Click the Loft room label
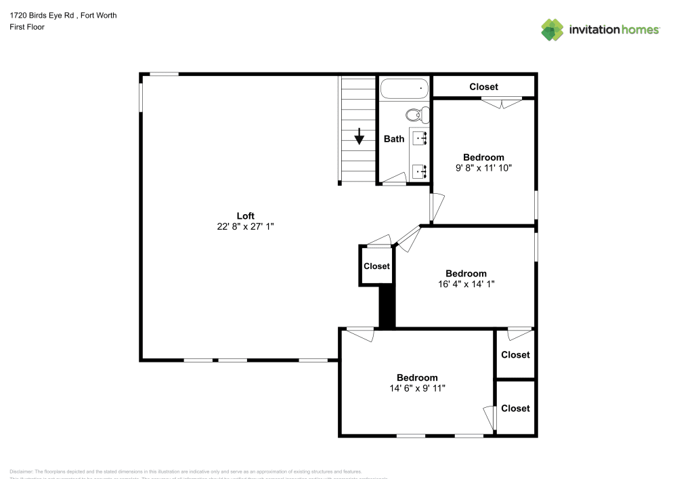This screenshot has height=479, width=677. [x=245, y=216]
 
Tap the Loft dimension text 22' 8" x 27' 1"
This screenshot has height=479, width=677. [x=245, y=228]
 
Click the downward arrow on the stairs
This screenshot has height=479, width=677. [x=359, y=137]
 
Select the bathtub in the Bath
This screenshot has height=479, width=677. [x=404, y=88]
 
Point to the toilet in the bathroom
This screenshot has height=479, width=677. [x=416, y=114]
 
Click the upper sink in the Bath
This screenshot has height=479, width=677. [x=420, y=138]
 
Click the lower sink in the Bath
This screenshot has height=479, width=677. [x=420, y=171]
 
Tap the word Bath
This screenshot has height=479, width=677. [x=394, y=139]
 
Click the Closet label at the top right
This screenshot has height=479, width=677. [x=483, y=87]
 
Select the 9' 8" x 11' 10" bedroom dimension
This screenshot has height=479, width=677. [x=483, y=168]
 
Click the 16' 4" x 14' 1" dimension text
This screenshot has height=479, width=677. [x=466, y=285]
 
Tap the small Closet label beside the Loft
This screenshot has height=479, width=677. [x=376, y=266]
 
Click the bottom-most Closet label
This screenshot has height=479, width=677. [x=515, y=409]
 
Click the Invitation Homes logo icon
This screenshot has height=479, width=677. [x=552, y=29]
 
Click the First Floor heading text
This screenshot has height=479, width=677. [x=27, y=27]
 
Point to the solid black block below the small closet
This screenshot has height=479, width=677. [x=387, y=307]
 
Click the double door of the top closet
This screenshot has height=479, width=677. [x=501, y=102]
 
